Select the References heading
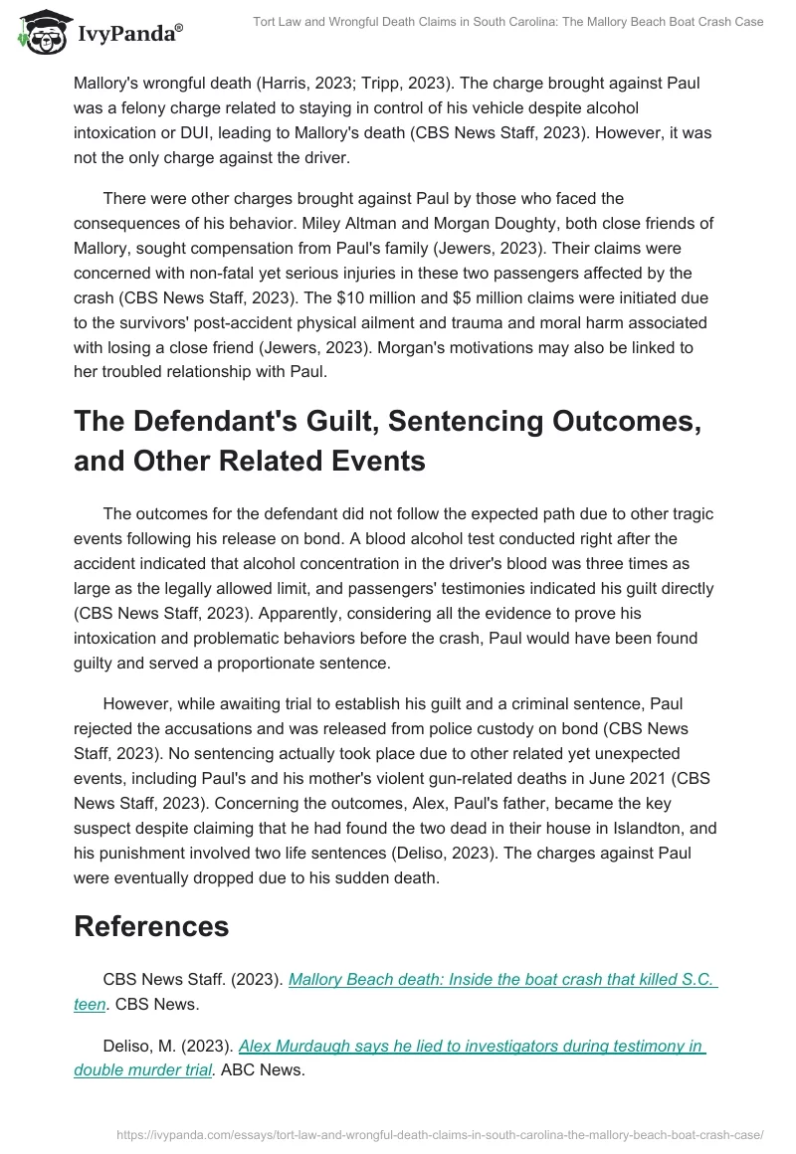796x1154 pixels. click(x=151, y=925)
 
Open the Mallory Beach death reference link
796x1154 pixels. click(x=501, y=979)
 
